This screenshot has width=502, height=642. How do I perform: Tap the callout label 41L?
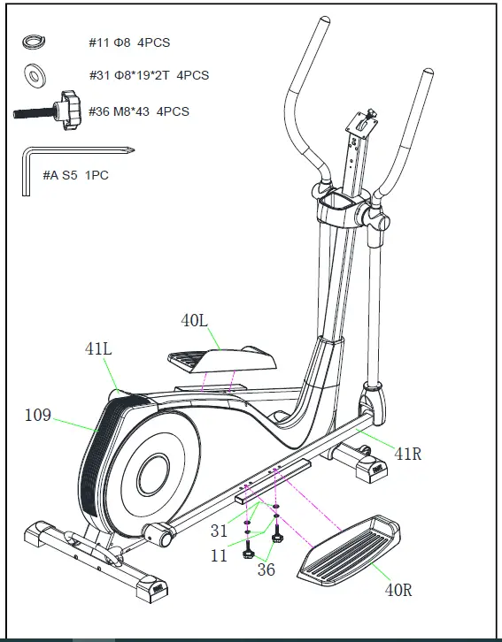point(98,349)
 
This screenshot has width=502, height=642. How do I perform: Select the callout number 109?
point(37,415)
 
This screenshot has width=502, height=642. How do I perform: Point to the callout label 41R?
point(407,455)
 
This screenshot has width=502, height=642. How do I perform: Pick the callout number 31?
point(219,531)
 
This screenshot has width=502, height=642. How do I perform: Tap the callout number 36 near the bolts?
point(266,570)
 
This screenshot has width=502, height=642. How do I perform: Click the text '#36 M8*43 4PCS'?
point(139,111)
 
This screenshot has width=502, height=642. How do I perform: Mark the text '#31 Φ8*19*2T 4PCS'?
point(149,75)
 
